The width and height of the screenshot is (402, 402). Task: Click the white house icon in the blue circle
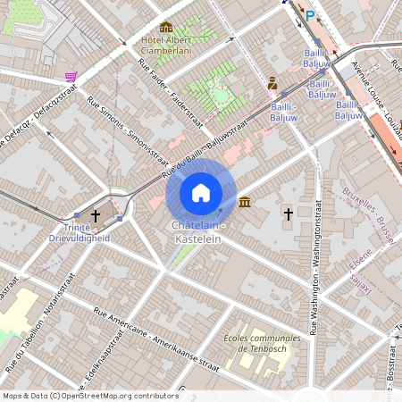[x=201, y=193]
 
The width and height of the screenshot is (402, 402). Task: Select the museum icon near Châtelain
[x=244, y=203]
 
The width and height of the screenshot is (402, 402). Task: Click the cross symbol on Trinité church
[x=96, y=215]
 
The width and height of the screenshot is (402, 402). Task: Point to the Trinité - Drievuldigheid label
[x=79, y=233]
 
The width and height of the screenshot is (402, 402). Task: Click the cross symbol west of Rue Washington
[x=288, y=214]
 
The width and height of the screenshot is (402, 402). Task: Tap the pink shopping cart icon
[x=71, y=77]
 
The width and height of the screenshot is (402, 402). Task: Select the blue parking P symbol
[x=310, y=15]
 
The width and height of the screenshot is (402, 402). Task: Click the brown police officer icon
[x=272, y=83]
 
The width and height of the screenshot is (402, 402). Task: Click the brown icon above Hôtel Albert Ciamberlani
[x=166, y=27]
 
